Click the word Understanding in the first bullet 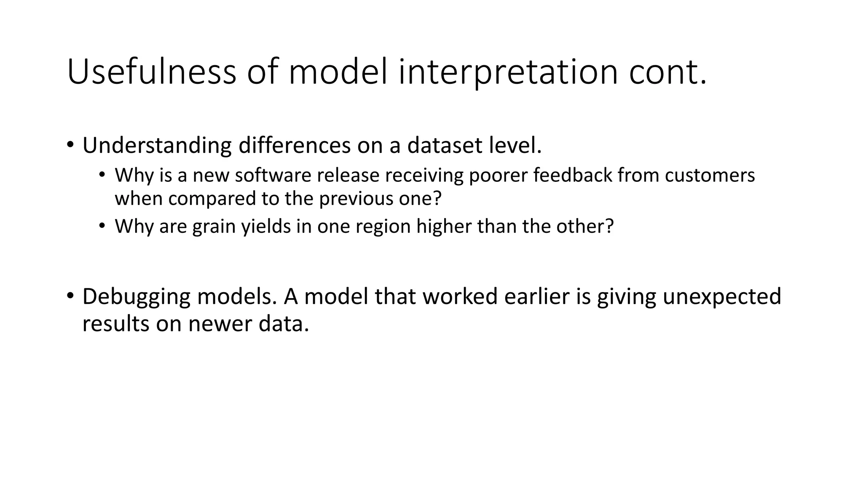[157, 146]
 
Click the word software [273, 175]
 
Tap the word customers [710, 175]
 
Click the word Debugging [137, 296]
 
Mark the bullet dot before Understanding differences [70, 145]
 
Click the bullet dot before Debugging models [70, 296]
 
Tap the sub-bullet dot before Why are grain [102, 226]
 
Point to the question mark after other [609, 227]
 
